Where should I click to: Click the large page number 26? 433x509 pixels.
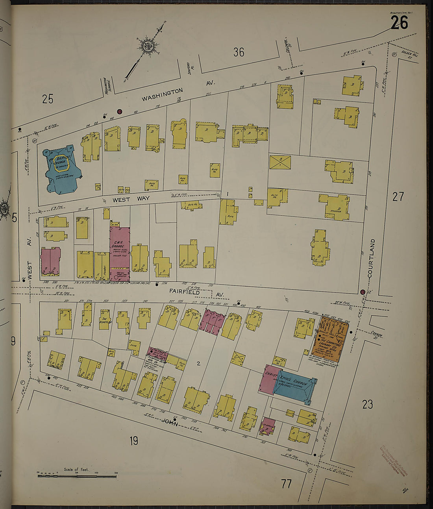(399, 23)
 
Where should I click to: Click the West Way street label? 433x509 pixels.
(131, 199)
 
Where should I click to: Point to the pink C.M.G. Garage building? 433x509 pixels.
(120, 248)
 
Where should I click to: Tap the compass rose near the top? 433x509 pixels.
(148, 46)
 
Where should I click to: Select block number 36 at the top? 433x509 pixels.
(239, 52)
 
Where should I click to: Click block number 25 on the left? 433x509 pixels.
(48, 99)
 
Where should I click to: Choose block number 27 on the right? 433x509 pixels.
(398, 196)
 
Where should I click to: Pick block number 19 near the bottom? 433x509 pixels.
(134, 441)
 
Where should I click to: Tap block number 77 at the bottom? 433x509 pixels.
(286, 483)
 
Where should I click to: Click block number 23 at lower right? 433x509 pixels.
(367, 404)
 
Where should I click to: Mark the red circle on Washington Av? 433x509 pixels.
(120, 111)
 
